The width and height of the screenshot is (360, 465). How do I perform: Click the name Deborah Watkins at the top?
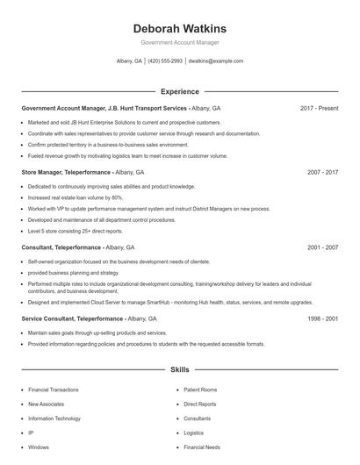(x=179, y=28)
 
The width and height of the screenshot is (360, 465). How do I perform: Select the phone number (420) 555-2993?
(x=165, y=61)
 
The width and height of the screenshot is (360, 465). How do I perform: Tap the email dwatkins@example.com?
(x=216, y=61)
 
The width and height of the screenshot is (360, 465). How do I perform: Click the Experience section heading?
(x=179, y=91)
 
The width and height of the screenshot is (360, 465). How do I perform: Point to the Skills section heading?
(x=179, y=370)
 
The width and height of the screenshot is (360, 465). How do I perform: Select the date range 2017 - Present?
(x=319, y=108)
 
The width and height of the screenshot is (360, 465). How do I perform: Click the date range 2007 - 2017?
(x=322, y=173)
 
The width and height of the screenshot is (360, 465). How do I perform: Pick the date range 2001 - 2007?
(x=322, y=247)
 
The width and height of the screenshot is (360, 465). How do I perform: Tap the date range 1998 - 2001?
(x=322, y=318)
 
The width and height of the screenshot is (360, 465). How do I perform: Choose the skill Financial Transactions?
(x=54, y=390)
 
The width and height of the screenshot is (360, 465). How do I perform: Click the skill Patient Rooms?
(x=199, y=390)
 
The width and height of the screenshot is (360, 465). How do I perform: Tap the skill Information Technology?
(x=54, y=418)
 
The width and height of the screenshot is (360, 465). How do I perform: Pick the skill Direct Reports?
(x=199, y=404)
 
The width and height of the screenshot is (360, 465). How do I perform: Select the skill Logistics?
(x=193, y=433)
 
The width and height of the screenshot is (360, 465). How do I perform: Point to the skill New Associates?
(x=46, y=404)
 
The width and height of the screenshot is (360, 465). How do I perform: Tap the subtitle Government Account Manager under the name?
(x=179, y=42)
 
